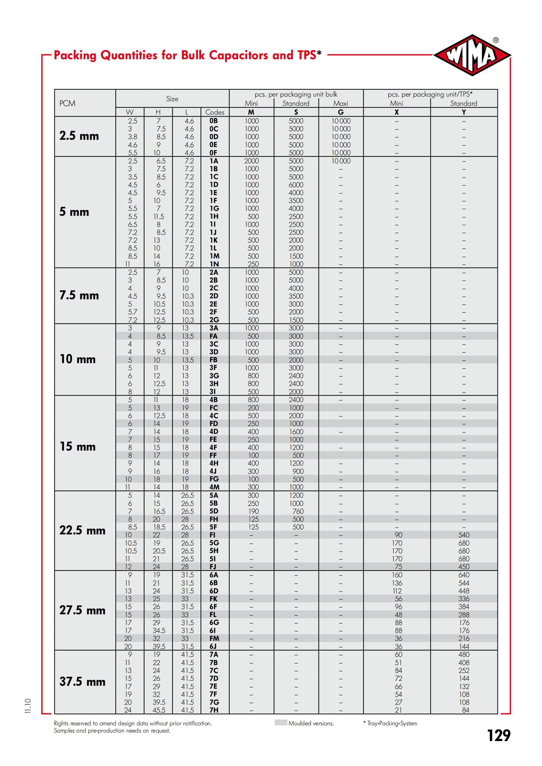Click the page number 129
pyautogui.click(x=499, y=735)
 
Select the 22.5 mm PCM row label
pyautogui.click(x=82, y=530)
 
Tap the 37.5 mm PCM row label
pyautogui.click(x=82, y=681)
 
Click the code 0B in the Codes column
pyautogui.click(x=214, y=121)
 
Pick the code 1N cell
pyautogui.click(x=214, y=264)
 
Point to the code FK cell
pyautogui.click(x=214, y=599)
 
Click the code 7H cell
pyautogui.click(x=214, y=710)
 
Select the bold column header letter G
pyautogui.click(x=341, y=112)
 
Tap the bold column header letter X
pyautogui.click(x=397, y=112)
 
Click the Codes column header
pyautogui.click(x=215, y=112)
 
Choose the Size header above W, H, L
pyautogui.click(x=172, y=99)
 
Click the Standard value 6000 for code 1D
pyautogui.click(x=296, y=185)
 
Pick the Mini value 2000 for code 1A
pyautogui.click(x=251, y=161)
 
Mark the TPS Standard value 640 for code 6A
pyautogui.click(x=464, y=575)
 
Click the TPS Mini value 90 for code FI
pyautogui.click(x=398, y=535)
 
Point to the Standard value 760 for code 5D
pyautogui.click(x=298, y=511)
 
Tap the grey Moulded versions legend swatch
pyautogui.click(x=281, y=723)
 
